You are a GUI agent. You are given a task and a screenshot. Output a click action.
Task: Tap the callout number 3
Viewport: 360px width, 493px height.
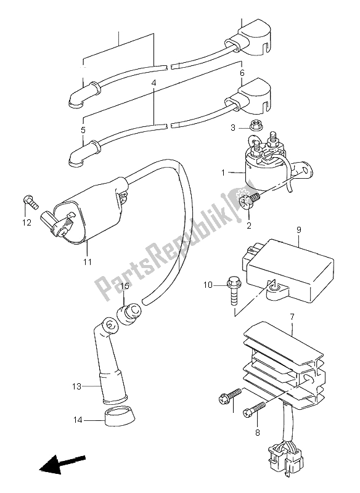click(234, 127)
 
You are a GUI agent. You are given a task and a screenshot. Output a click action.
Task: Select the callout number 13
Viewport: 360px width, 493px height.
click(76, 387)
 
